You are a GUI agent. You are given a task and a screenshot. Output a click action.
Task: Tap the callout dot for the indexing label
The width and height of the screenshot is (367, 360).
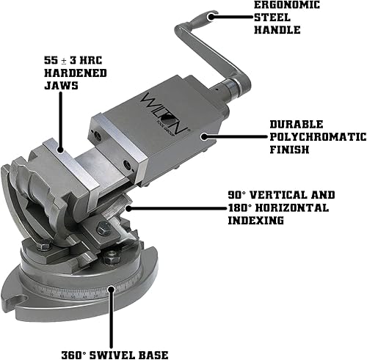click(x=128, y=208)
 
